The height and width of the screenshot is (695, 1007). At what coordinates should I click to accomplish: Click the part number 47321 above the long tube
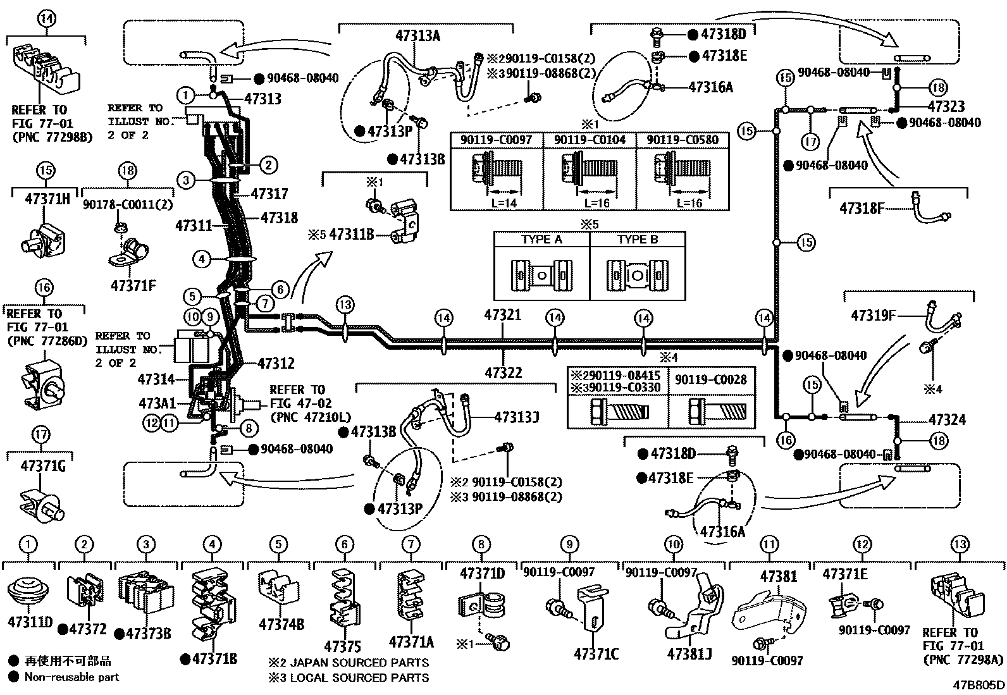(503, 314)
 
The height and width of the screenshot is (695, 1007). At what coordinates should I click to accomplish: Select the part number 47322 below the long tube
(504, 372)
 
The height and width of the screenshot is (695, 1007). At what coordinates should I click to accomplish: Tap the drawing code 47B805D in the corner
(979, 684)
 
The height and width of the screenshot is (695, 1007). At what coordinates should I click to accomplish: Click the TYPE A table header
(541, 240)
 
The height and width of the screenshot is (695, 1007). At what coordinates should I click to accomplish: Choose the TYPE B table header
(637, 240)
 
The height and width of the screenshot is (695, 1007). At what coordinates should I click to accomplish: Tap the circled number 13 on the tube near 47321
(345, 305)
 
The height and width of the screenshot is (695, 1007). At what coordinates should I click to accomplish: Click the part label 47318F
(862, 207)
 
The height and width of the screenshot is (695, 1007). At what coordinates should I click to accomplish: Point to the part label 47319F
(873, 314)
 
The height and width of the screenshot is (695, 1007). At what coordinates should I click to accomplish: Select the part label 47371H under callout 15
(47, 198)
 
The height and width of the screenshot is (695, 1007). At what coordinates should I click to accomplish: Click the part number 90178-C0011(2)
(127, 205)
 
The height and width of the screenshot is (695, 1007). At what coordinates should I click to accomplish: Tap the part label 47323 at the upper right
(946, 106)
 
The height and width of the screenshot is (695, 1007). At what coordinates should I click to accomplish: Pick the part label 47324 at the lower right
(947, 420)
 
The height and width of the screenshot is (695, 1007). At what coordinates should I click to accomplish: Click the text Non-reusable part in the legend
(71, 677)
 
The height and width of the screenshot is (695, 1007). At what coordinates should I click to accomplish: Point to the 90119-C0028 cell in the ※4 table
(711, 379)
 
